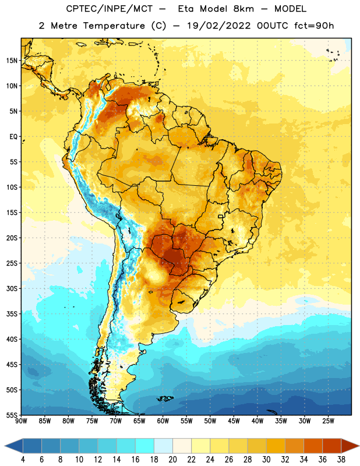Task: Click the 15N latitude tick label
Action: pos(12,61)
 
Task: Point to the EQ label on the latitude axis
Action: pos(13,137)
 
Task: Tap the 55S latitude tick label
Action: pos(12,415)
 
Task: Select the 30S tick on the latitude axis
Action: pos(12,288)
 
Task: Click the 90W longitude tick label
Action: pos(21,421)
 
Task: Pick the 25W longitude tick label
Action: pos(328,421)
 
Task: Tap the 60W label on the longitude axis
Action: pos(163,421)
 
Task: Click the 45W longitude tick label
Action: pos(234,421)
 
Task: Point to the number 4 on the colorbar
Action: pos(23,459)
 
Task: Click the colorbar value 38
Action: pos(341,459)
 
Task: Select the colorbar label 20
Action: pos(172,459)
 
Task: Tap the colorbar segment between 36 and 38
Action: pos(332,446)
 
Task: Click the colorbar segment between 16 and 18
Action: pos(145,446)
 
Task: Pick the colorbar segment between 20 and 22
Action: pos(182,446)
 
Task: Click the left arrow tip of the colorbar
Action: pos(5,446)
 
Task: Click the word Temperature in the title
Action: pos(114,26)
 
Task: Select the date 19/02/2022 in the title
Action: pos(219,26)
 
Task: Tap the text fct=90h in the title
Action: pos(314,26)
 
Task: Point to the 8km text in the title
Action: pos(243,9)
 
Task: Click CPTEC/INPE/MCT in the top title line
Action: pos(109,9)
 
